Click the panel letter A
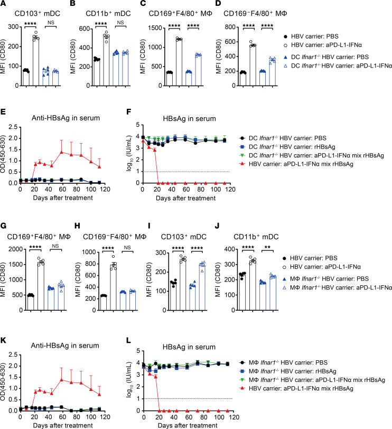[4, 4]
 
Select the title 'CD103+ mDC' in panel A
[37, 13]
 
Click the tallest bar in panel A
[36, 62]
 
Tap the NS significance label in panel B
[120, 22]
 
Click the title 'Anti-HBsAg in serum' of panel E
[66, 118]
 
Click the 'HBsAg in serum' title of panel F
[189, 119]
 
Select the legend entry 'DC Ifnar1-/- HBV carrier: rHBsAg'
[287, 147]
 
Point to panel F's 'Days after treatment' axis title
[186, 198]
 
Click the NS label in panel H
[127, 247]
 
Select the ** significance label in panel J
[267, 247]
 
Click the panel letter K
[4, 341]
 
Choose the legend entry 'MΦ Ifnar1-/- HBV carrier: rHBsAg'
[288, 371]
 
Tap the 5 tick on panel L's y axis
[138, 351]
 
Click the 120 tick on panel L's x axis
[234, 417]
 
